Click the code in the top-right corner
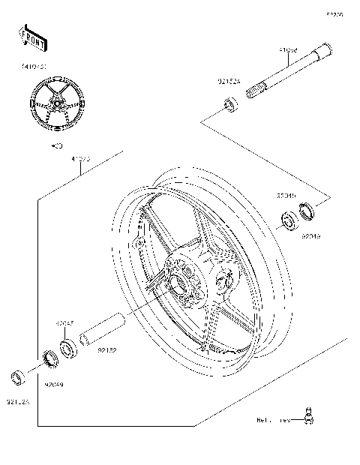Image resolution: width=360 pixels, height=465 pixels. coord(334,13)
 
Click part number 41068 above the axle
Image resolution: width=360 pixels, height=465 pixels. coord(289,50)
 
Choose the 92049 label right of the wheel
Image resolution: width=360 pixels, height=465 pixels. coord(311,235)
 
